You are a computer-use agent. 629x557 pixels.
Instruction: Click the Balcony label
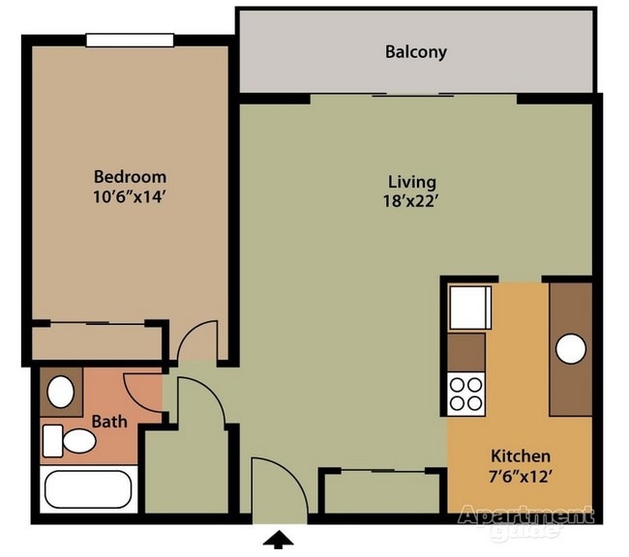tap(415, 52)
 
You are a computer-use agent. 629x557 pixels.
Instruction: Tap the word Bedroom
tap(130, 177)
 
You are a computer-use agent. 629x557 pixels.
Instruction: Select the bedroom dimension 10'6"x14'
tap(130, 197)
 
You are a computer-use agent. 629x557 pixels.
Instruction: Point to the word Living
tap(412, 183)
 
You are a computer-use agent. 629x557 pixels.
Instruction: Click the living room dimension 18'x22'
tap(409, 201)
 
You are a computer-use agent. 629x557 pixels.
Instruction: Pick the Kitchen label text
tap(521, 456)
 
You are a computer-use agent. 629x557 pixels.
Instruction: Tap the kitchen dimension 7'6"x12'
tap(521, 477)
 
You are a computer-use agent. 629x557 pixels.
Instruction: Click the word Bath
tap(109, 422)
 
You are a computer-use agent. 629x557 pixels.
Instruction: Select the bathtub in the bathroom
tap(88, 489)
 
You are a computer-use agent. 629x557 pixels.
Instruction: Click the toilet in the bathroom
tap(69, 441)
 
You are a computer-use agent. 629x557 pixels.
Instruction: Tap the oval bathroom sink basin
tap(61, 392)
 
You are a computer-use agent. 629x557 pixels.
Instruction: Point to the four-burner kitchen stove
tap(466, 395)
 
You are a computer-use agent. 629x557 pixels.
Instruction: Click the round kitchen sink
tap(571, 349)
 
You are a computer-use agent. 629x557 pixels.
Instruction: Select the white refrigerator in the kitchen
tap(470, 308)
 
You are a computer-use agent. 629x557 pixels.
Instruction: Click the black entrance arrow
tap(278, 540)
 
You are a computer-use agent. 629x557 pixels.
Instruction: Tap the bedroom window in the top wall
tap(130, 40)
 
